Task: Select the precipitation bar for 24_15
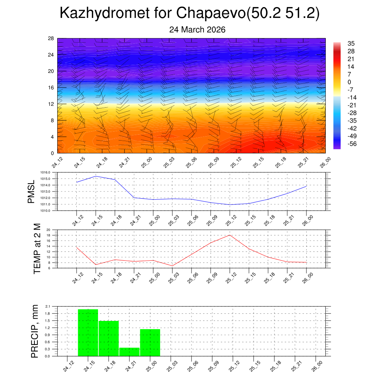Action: (88, 333)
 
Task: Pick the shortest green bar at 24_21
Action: (129, 352)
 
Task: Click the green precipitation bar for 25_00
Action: (150, 342)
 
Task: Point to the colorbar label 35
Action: (351, 43)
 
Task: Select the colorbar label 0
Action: (349, 82)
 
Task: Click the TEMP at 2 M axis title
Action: (37, 248)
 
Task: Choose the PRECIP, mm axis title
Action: (35, 331)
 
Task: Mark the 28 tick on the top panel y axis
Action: (51, 39)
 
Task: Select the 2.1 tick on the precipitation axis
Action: (48, 306)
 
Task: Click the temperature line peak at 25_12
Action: (230, 235)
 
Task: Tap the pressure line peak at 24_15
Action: (96, 176)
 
